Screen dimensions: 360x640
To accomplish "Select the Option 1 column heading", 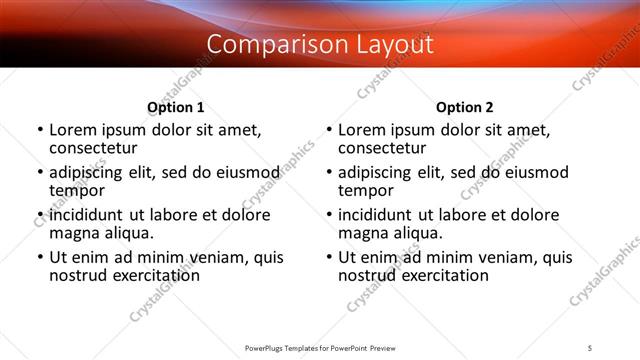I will click(x=175, y=107).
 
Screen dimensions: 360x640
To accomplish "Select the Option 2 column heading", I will click(x=464, y=107).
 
